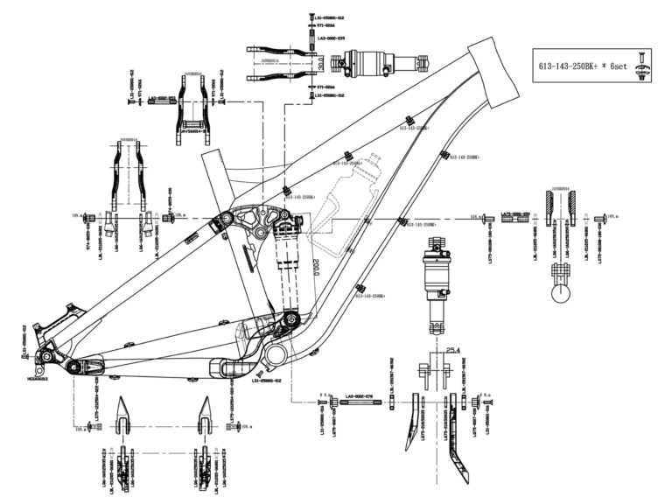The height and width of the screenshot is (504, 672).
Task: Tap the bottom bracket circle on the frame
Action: (277, 353)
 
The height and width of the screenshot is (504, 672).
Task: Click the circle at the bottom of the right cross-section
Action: (562, 291)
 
